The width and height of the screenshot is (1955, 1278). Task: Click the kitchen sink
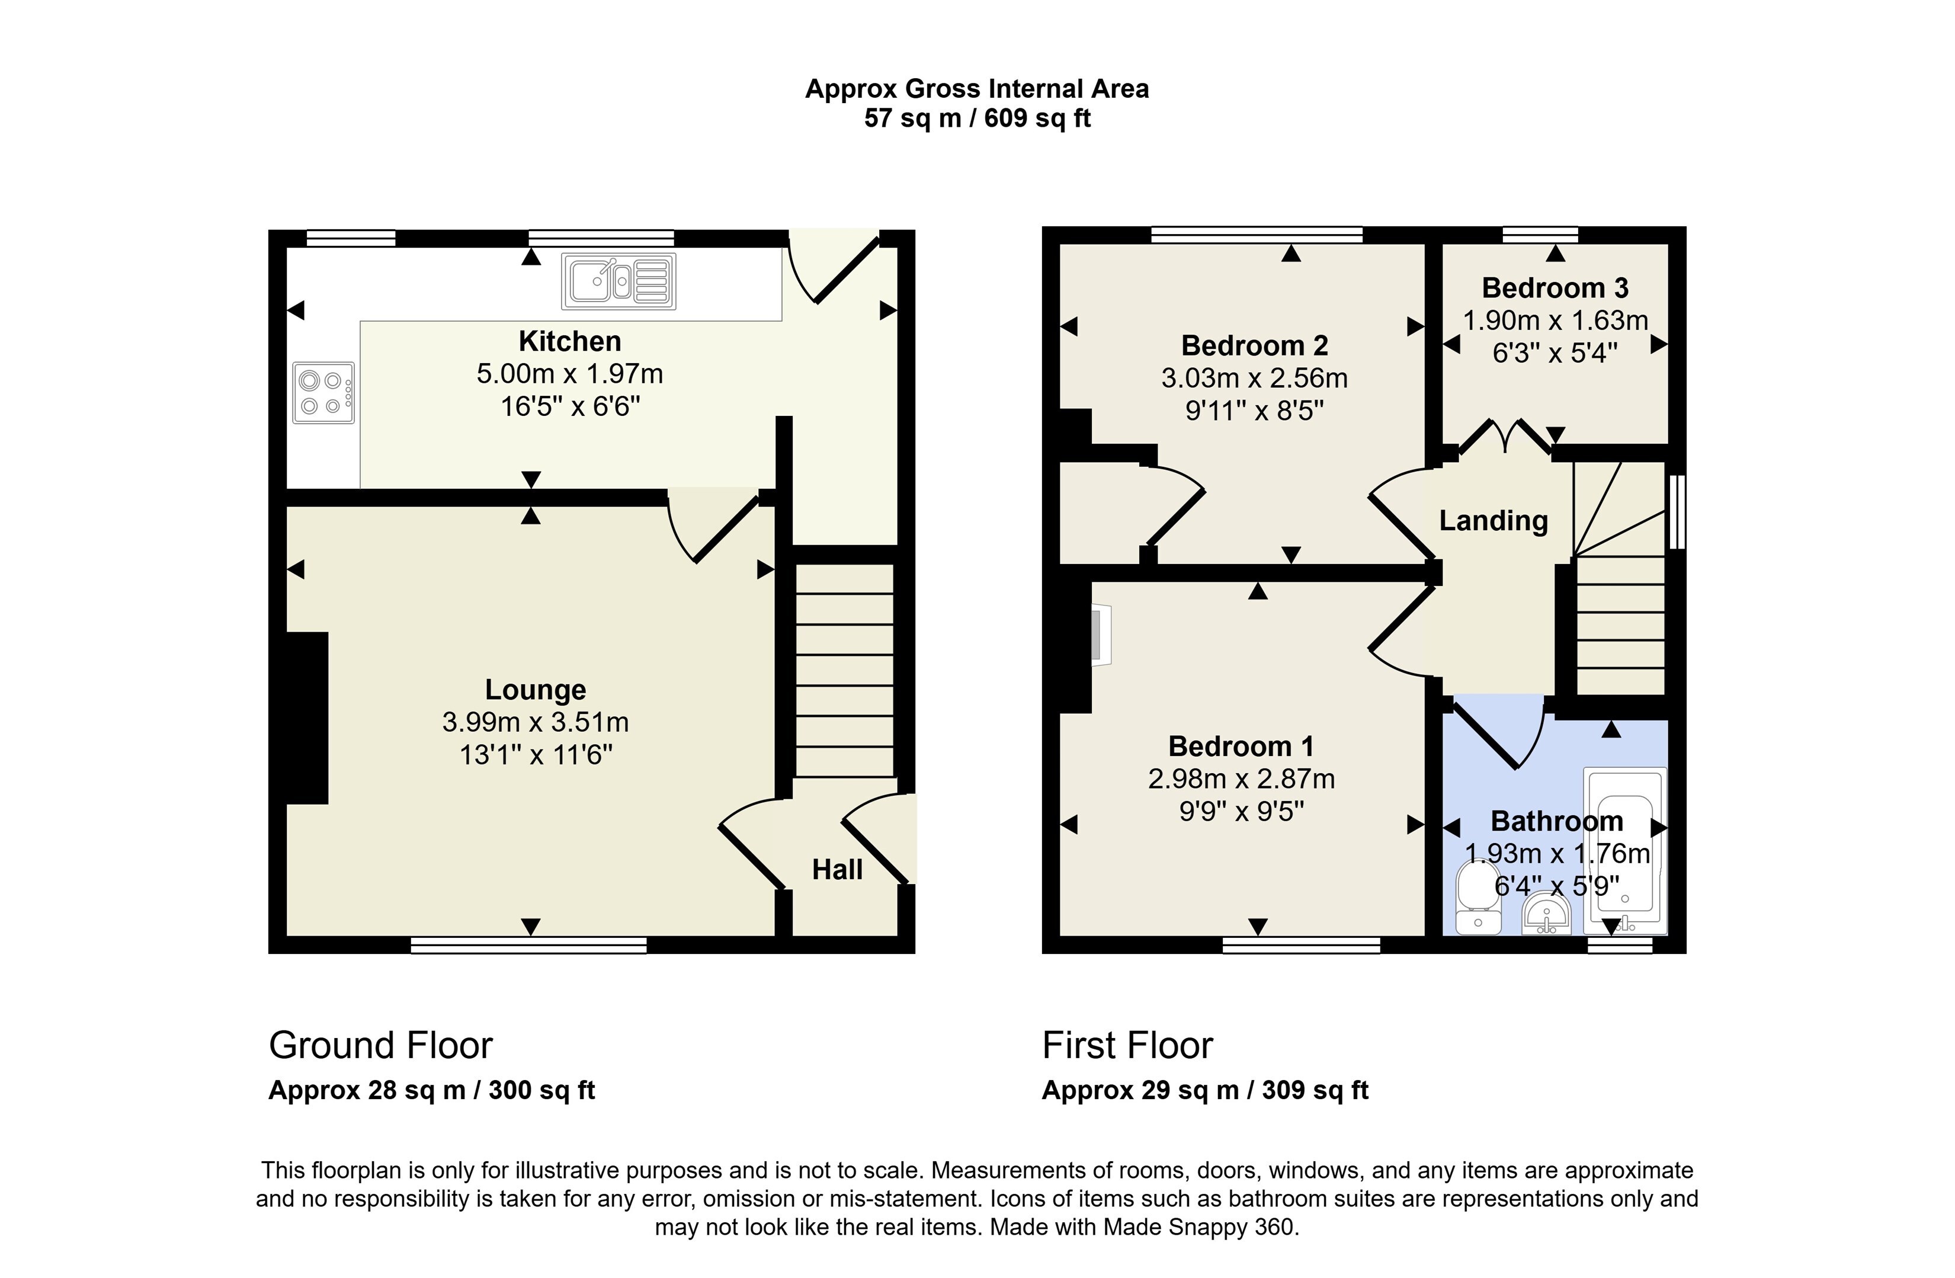tap(618, 281)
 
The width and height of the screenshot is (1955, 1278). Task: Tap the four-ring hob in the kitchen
tap(323, 393)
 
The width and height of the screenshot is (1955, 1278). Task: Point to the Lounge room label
tap(536, 690)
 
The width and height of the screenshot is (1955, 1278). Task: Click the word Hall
tap(837, 870)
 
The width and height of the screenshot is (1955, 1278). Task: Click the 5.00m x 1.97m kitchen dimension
tap(570, 374)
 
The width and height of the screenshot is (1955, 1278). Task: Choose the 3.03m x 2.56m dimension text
tap(1254, 378)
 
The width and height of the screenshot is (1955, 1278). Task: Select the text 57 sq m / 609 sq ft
tap(977, 118)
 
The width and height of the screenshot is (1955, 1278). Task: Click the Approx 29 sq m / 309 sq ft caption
tap(1205, 1090)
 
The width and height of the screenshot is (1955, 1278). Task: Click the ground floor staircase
tap(844, 670)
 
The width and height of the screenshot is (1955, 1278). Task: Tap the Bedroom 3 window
tap(1540, 235)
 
